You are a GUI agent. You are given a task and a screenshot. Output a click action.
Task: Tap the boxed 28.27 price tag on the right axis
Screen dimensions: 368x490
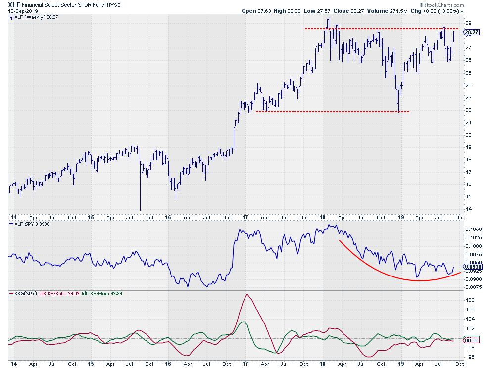470,33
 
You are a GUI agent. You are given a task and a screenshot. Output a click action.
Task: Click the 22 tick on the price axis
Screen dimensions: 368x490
468,110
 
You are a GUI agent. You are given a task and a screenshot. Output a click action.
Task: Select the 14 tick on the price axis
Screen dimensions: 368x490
468,209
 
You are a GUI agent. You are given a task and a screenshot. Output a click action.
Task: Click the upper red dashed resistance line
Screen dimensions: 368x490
376,29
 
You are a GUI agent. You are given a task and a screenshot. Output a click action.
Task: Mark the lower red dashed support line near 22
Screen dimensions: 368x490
332,111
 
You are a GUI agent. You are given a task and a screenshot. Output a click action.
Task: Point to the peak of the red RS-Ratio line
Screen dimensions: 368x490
247,295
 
